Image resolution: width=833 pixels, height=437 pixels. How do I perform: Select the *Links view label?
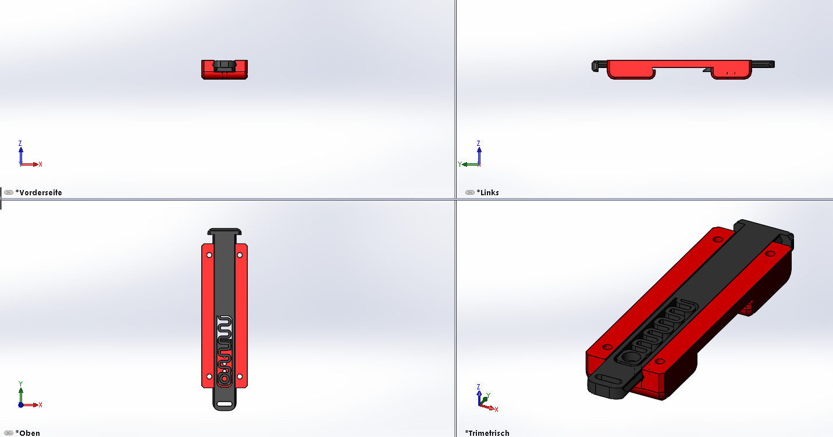(487, 192)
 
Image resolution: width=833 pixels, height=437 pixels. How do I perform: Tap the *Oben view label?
(27, 433)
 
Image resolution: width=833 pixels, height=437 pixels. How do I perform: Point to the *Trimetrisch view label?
(487, 433)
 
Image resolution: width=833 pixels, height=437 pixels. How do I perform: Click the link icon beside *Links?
(469, 192)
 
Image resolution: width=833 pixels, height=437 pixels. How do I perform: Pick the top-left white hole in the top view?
(209, 255)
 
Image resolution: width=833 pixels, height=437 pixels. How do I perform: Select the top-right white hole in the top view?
(240, 255)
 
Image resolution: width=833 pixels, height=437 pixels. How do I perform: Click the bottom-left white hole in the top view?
(209, 377)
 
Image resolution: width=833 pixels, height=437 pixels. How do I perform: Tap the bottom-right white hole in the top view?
(240, 377)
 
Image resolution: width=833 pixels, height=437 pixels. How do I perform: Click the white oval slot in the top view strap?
(225, 404)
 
